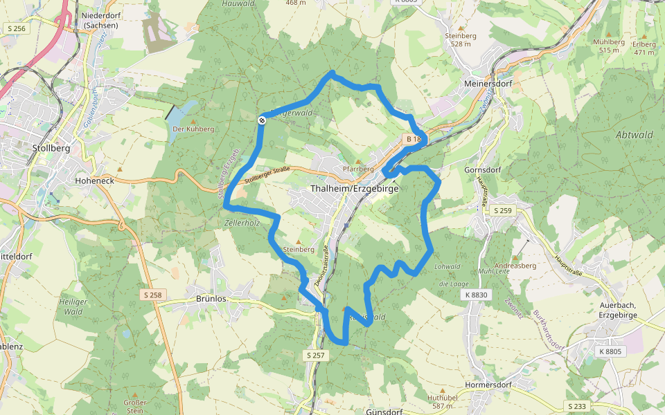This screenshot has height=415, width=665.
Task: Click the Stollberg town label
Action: coord(51,148)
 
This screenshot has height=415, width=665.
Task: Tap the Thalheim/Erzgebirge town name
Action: coord(355,189)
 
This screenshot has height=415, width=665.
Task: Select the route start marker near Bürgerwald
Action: coord(262,121)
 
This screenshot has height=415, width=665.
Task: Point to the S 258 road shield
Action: coord(154,295)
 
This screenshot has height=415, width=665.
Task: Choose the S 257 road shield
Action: coord(315,355)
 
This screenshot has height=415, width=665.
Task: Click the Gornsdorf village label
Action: coord(484,169)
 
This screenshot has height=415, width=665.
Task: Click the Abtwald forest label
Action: coord(634,136)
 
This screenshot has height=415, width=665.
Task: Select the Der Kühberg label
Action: coord(193,129)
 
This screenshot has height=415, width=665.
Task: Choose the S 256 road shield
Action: coord(16,28)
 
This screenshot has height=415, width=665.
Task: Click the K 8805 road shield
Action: coord(609,351)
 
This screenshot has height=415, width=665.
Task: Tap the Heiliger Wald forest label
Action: coord(73,307)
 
